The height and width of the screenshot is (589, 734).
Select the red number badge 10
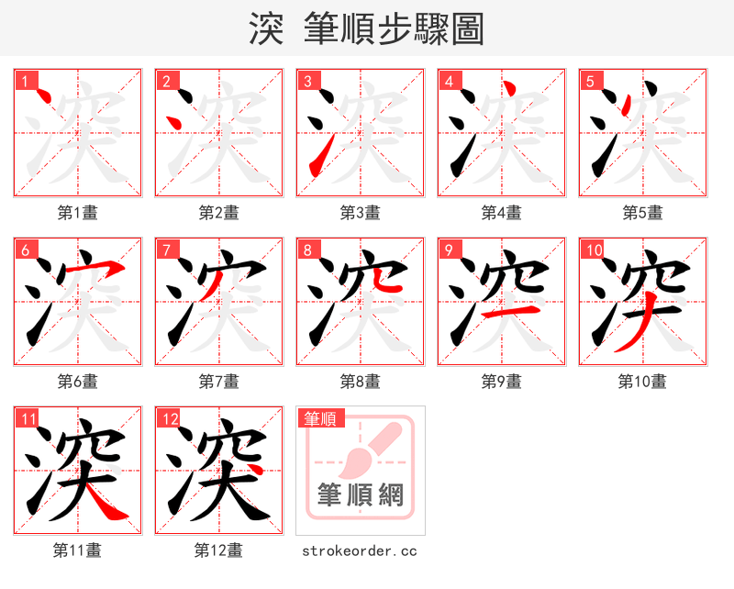tap(593, 250)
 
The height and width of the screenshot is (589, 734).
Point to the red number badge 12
tap(169, 419)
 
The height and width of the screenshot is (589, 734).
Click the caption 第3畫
tap(360, 213)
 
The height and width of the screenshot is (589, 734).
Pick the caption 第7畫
tap(218, 381)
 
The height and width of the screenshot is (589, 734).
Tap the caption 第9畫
tap(501, 381)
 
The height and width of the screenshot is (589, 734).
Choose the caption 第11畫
tap(77, 550)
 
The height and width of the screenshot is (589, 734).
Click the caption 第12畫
tap(218, 550)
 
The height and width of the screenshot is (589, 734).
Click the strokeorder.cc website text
tap(360, 550)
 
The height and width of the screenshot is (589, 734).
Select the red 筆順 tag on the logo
tap(320, 418)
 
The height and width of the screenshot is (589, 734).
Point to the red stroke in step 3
tap(318, 151)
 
